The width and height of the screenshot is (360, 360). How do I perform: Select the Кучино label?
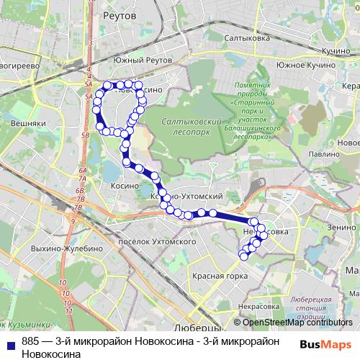pyautogui.click(x=335, y=53)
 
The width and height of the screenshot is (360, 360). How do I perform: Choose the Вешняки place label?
pyautogui.click(x=29, y=123)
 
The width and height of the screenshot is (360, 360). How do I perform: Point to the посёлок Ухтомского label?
pyautogui.click(x=156, y=241)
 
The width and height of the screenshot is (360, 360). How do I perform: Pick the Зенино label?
pyautogui.click(x=340, y=226)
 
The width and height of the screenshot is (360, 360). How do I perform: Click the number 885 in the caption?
pyautogui.click(x=30, y=343)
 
